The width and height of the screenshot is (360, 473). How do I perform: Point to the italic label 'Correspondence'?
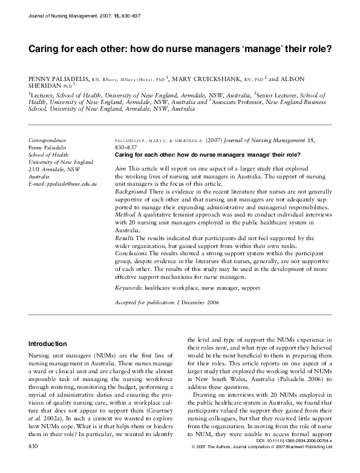pyautogui.click(x=48, y=140)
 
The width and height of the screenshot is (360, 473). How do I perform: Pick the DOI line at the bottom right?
pyautogui.click(x=298, y=459)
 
